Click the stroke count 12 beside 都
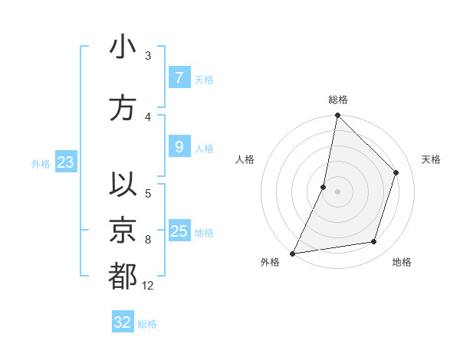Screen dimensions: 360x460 tap(148, 286)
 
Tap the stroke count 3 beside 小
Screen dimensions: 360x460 tap(148, 56)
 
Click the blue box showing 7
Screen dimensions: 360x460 tap(179, 78)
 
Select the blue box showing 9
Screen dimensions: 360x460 tap(179, 147)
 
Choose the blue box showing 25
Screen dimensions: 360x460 tap(179, 231)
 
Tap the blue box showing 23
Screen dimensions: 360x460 tap(65, 162)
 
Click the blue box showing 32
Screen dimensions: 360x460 tap(122, 322)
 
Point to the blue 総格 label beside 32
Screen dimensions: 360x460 tap(148, 324)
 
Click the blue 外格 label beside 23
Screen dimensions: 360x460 tap(41, 163)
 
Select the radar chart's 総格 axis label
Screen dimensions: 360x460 tap(337, 100)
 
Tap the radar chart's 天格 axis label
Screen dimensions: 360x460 tap(432, 159)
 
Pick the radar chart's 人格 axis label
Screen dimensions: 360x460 tap(245, 159)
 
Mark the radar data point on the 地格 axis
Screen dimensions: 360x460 tap(374, 242)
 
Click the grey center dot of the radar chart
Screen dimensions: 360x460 tap(337, 191)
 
